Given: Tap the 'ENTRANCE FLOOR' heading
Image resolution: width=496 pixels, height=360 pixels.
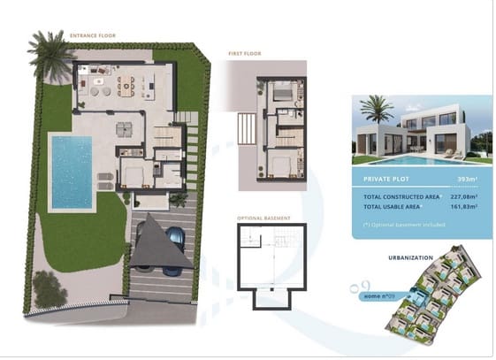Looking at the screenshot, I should [94, 36].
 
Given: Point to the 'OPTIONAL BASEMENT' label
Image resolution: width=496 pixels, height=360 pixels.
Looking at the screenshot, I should [263, 218].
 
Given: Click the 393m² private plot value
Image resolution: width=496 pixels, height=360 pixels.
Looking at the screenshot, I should [466, 179].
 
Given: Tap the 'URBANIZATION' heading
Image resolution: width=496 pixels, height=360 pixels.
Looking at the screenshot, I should [410, 257].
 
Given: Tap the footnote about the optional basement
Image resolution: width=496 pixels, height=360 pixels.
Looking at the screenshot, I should [404, 225].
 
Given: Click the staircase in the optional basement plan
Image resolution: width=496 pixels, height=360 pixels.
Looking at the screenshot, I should [282, 240].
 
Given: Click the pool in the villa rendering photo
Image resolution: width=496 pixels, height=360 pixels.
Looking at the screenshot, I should [416, 161].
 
